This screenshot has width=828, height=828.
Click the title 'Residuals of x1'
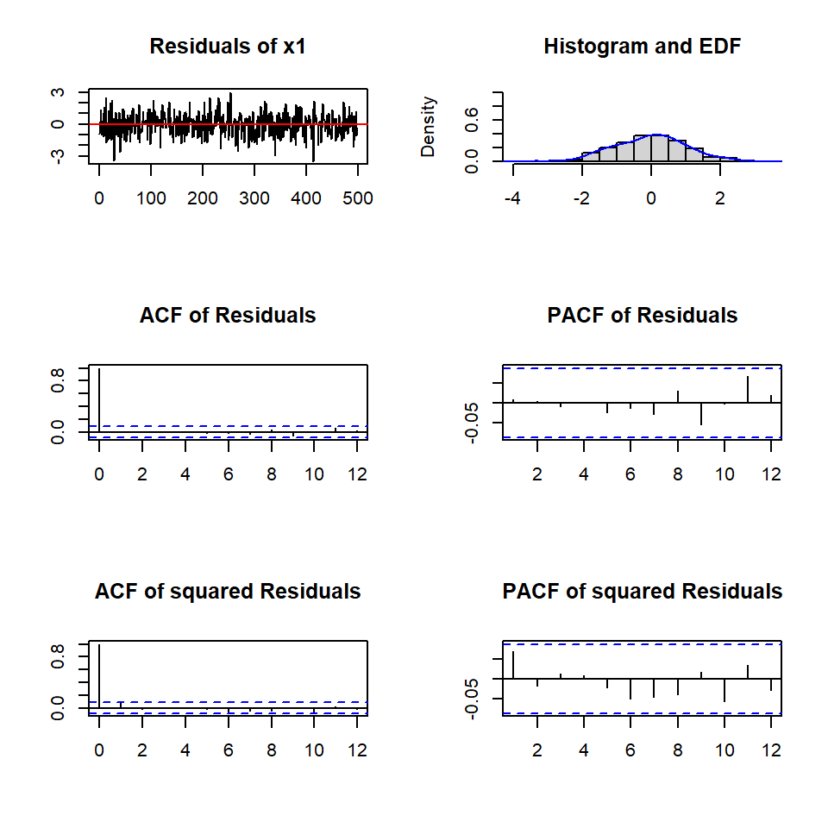pyautogui.click(x=228, y=47)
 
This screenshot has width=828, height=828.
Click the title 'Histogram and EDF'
pyautogui.click(x=642, y=47)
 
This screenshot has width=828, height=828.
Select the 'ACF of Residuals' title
pyautogui.click(x=228, y=316)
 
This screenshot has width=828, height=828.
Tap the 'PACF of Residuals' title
pyautogui.click(x=642, y=316)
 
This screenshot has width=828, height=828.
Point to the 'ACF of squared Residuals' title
pyautogui.click(x=228, y=592)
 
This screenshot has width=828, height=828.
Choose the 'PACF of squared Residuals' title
pyautogui.click(x=642, y=592)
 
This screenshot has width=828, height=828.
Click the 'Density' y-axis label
pyautogui.click(x=429, y=127)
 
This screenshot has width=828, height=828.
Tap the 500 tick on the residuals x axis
pyautogui.click(x=358, y=198)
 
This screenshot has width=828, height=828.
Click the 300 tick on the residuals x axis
pyautogui.click(x=254, y=198)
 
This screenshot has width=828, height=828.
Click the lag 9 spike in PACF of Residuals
pyautogui.click(x=701, y=413)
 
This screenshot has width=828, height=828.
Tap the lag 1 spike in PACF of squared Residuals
pyautogui.click(x=513, y=665)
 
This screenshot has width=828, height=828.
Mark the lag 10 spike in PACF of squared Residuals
pyautogui.click(x=724, y=690)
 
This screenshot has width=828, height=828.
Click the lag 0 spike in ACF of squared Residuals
pyautogui.click(x=99, y=677)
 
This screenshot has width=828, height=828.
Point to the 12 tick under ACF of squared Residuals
pyautogui.click(x=357, y=750)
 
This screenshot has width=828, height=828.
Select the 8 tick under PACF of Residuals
pyautogui.click(x=678, y=474)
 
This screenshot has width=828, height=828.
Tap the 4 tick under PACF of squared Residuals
pyautogui.click(x=584, y=750)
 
